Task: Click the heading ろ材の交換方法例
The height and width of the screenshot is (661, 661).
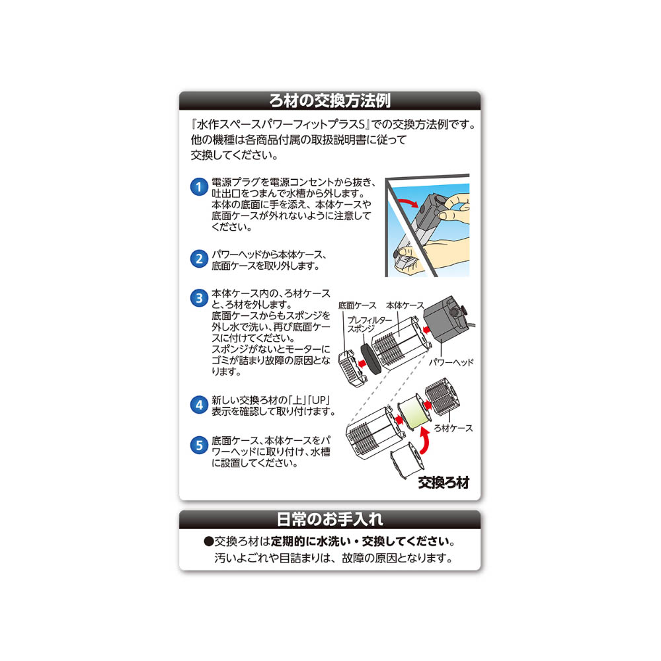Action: coord(330,101)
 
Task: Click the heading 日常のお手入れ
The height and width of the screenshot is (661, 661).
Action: coord(330,519)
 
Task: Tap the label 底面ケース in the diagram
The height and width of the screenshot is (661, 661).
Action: coord(357,306)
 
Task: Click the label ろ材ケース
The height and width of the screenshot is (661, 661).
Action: coord(454,428)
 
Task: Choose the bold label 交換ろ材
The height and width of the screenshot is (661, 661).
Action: coord(444,483)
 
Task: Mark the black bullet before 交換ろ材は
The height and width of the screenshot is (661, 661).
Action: coord(209,541)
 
